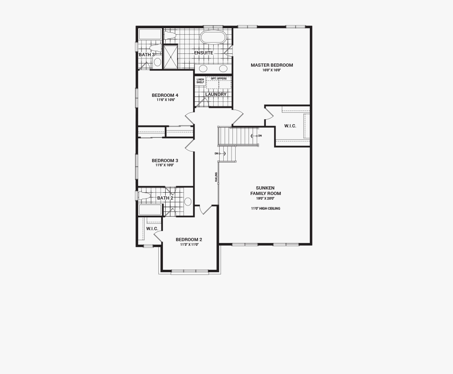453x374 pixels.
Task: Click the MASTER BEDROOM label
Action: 271,65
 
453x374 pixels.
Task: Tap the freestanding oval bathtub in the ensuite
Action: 213,37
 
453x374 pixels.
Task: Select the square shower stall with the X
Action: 170,57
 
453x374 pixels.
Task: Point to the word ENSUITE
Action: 204,53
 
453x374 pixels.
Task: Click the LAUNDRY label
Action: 216,95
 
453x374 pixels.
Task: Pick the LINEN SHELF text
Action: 200,81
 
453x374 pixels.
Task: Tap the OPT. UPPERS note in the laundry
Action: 219,79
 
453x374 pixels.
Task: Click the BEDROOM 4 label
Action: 165,95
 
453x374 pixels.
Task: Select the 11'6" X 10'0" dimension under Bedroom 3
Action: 165,165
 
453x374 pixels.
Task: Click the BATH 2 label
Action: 165,198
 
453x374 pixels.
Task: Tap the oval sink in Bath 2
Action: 188,201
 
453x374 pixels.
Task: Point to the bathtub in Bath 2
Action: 150,210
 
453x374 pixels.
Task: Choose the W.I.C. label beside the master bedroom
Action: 290,126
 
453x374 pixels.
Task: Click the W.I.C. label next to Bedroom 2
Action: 152,229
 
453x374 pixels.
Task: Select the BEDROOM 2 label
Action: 189,240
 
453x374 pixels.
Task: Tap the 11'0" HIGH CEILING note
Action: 265,209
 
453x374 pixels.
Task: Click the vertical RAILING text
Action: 216,177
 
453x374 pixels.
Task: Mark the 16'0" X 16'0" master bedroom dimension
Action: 271,70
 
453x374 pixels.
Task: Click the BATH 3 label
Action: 147,55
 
